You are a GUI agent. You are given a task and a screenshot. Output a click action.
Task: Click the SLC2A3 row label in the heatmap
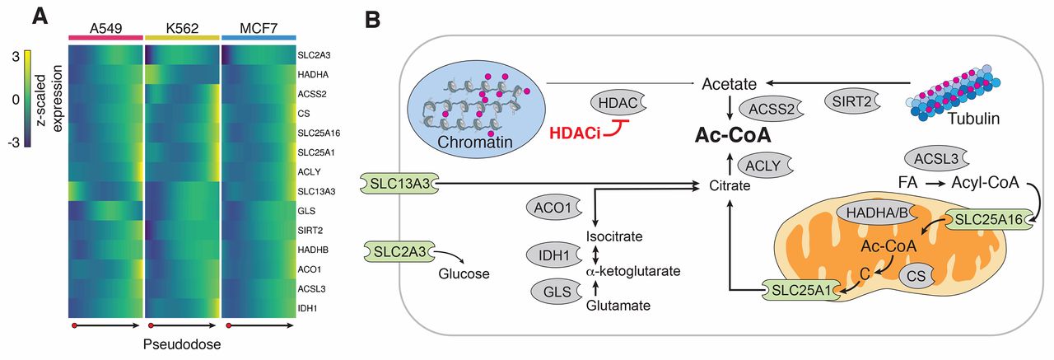pos(314,55)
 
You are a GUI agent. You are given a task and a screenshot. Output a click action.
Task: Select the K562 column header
pos(182,28)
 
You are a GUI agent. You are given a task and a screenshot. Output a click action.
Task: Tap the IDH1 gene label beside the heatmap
pos(307,308)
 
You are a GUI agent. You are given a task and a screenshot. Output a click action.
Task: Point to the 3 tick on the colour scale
pos(16,57)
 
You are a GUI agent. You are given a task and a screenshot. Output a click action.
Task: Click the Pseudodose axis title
pos(182,344)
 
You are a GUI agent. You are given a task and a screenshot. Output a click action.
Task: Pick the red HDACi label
pos(575,133)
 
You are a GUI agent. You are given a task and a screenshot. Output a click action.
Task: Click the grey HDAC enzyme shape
pos(618,103)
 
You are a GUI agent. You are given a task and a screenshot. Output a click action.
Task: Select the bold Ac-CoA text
pos(733,135)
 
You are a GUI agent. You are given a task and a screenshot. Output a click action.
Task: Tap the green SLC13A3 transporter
pos(399,184)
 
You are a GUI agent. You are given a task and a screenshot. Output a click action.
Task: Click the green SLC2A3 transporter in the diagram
pos(399,252)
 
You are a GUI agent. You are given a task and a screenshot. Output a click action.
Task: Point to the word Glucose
pos(464,274)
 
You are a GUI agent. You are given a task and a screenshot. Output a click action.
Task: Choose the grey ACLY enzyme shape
pos(763,166)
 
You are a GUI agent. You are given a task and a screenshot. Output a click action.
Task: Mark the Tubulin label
pos(973,119)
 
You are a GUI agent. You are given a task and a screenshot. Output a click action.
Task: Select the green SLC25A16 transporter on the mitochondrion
pos(988,220)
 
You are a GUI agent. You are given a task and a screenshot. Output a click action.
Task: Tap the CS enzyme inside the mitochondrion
pos(916,276)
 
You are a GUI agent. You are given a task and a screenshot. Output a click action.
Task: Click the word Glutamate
pos(618,306)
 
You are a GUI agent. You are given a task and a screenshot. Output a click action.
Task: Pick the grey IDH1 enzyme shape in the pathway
pos(554,255)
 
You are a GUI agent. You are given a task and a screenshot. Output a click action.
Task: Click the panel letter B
pos(372,20)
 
